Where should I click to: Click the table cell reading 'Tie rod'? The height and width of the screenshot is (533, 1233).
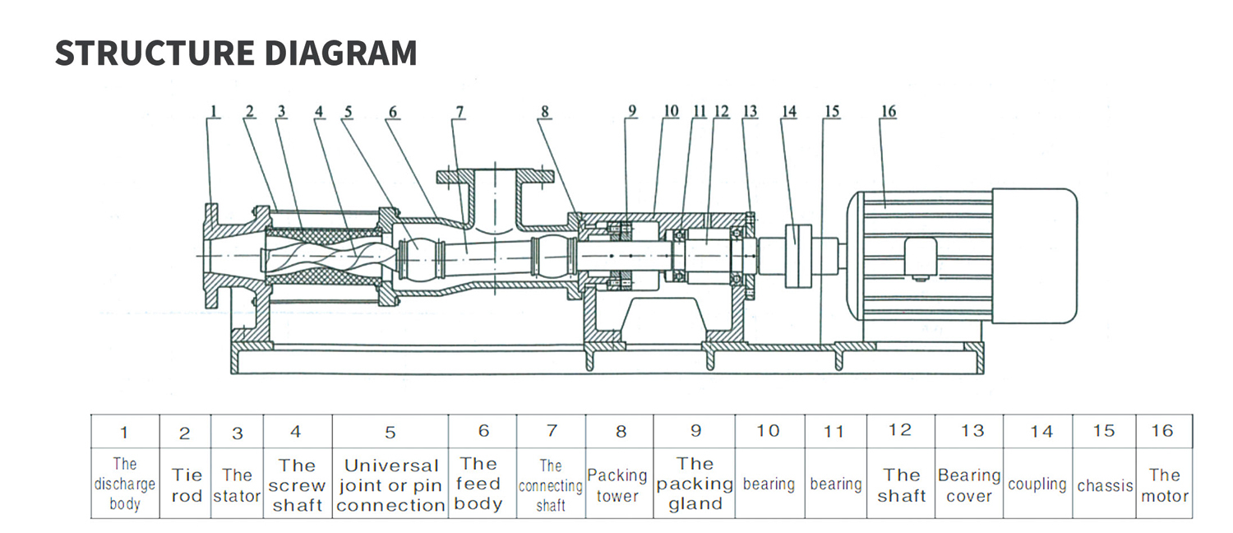point(187,485)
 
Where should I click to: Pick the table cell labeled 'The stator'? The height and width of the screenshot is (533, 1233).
point(237,485)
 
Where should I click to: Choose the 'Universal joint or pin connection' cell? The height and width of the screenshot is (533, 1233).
point(390,485)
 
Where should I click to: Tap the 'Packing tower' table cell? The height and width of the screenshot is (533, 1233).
point(618,485)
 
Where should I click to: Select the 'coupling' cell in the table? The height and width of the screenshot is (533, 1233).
point(1037,484)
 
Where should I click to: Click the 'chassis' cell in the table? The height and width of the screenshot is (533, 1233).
point(1105,485)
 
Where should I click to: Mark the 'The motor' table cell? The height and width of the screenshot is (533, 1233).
point(1165,485)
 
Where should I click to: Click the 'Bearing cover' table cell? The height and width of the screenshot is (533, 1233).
point(969,485)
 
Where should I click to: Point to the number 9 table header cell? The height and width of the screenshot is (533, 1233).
point(695,430)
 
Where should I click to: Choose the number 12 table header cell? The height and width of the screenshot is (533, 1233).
point(901,430)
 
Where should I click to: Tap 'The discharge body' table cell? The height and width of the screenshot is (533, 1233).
point(124,485)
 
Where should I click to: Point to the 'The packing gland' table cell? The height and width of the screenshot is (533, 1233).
point(695,485)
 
